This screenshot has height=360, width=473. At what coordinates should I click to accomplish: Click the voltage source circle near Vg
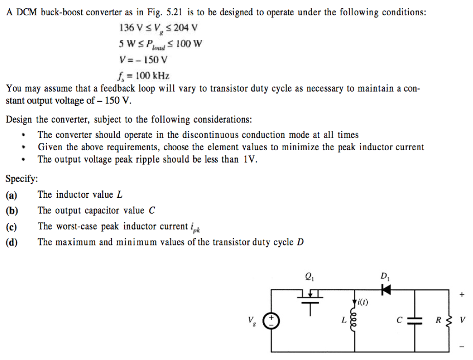coord(270,320)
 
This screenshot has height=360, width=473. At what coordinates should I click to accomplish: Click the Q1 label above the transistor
coord(309,277)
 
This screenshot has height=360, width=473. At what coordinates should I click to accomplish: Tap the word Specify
coord(22,178)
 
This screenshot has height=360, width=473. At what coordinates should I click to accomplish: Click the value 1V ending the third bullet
coord(250,159)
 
